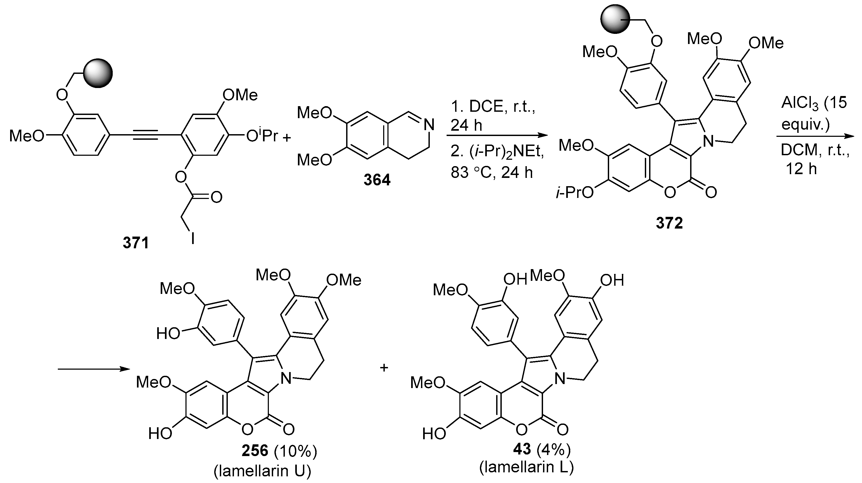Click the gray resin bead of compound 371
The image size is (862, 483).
98,73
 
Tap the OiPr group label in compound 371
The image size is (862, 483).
262,136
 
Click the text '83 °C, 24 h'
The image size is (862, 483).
492,173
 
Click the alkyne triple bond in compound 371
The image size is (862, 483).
145,136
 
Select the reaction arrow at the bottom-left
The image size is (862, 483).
94,369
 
